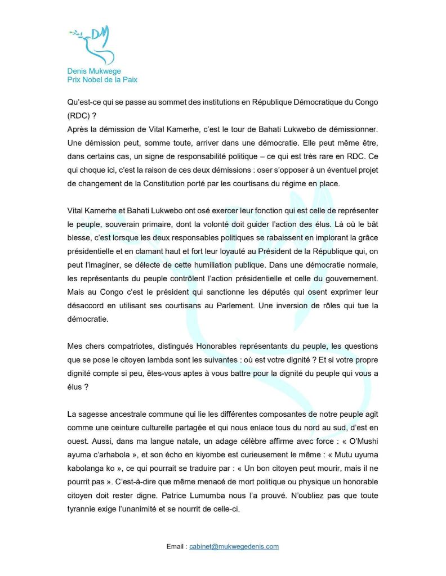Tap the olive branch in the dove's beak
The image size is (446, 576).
point(74,35)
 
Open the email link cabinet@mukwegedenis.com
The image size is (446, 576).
point(234,546)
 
